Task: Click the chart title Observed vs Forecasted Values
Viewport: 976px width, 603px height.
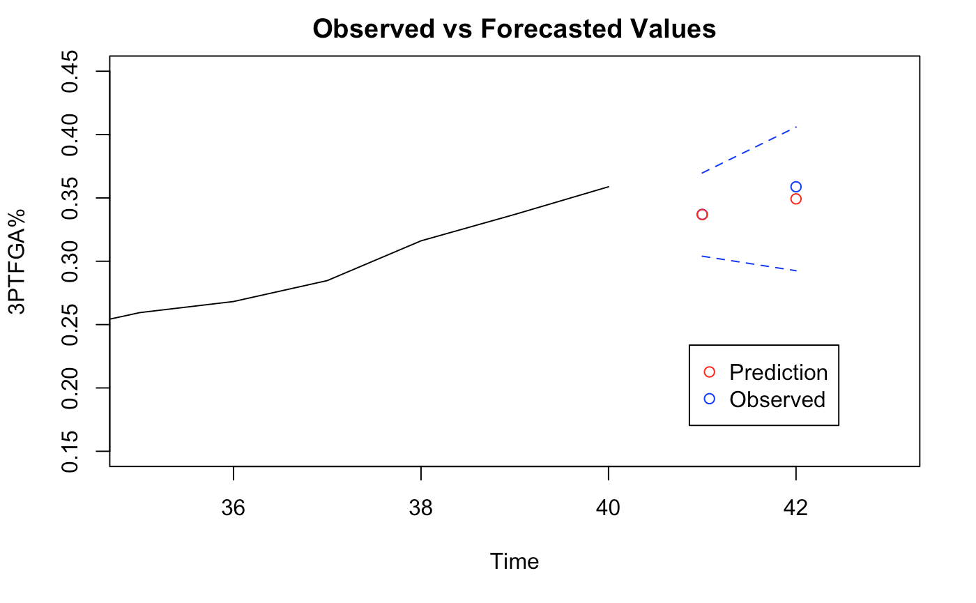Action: (514, 29)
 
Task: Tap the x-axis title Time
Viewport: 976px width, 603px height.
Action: (514, 561)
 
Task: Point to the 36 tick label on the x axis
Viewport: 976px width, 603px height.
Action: (234, 508)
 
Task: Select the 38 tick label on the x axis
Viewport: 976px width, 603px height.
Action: (421, 508)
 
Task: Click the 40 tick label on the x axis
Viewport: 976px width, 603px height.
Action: (609, 508)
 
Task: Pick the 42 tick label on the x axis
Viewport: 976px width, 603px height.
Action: (795, 508)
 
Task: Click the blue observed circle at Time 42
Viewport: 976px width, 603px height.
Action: (796, 187)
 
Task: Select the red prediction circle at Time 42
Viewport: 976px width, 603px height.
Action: (796, 199)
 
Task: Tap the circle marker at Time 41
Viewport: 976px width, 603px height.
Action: (702, 214)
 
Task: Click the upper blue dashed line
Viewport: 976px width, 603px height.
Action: (749, 150)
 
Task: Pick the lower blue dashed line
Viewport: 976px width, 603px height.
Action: (749, 264)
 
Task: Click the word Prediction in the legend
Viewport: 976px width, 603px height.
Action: (778, 372)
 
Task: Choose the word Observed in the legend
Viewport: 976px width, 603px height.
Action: (777, 399)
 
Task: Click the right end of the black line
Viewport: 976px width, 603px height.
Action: (608, 187)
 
